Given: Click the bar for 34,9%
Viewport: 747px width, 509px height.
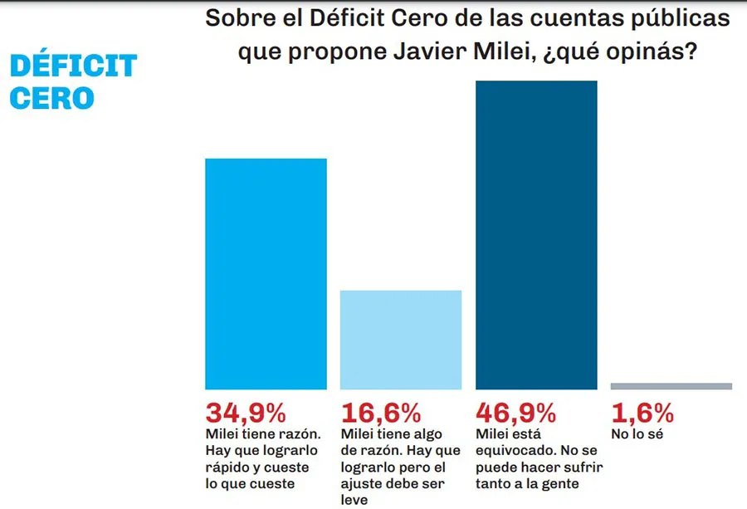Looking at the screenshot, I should pyautogui.click(x=266, y=274).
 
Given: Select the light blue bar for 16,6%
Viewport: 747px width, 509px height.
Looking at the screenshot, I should pyautogui.click(x=401, y=340).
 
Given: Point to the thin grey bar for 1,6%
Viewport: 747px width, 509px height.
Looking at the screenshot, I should pyautogui.click(x=671, y=386).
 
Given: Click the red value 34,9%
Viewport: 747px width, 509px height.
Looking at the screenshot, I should pyautogui.click(x=246, y=413).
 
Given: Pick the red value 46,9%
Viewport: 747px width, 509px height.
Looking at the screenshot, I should pyautogui.click(x=515, y=413).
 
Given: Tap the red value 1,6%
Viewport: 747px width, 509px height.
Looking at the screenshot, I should pyautogui.click(x=642, y=413).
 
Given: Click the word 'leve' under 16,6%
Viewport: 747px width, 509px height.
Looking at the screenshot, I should pyautogui.click(x=354, y=500).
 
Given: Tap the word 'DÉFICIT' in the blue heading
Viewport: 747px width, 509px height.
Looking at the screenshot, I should pyautogui.click(x=73, y=66).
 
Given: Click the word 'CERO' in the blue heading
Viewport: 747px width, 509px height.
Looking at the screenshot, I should pyautogui.click(x=51, y=98).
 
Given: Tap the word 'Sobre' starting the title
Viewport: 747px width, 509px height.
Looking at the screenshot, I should pyautogui.click(x=234, y=18).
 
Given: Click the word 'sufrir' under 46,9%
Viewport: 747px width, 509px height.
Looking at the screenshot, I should pyautogui.click(x=582, y=467).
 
